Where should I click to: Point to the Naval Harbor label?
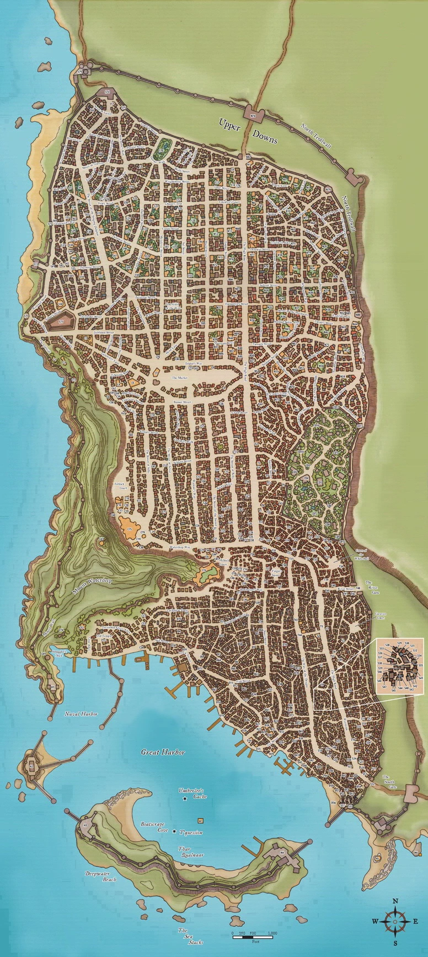pyautogui.click(x=81, y=713)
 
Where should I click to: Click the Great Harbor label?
pyautogui.click(x=163, y=752)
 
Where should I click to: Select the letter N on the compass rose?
pyautogui.click(x=395, y=901)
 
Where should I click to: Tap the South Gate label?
pyautogui.click(x=389, y=780)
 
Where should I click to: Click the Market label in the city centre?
pyautogui.click(x=180, y=378)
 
